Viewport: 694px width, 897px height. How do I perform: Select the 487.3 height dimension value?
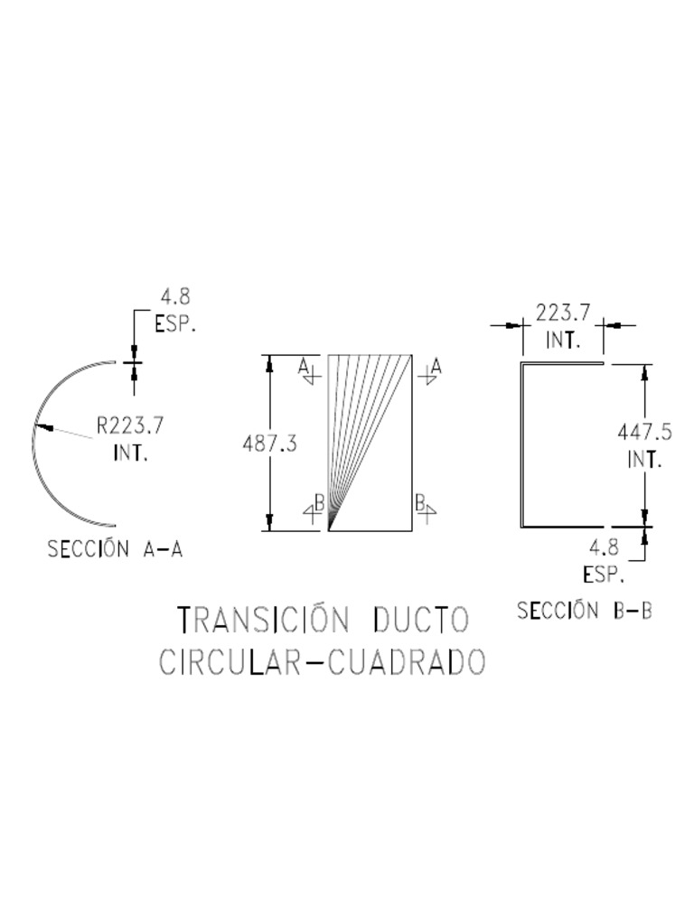tap(270, 444)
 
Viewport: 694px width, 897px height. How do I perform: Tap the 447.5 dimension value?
tap(644, 432)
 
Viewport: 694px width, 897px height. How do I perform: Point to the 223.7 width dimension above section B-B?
tap(563, 313)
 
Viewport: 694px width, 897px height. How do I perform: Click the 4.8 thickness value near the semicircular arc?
tap(175, 297)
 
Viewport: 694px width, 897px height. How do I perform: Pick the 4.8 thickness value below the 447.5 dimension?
tap(603, 547)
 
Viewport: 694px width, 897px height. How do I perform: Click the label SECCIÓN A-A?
tap(115, 549)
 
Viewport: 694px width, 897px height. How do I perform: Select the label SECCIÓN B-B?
tap(585, 611)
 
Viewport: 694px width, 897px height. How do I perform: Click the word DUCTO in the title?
tap(422, 621)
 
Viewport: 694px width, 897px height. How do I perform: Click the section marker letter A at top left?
tap(305, 364)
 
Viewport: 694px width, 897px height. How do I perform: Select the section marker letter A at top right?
tap(436, 365)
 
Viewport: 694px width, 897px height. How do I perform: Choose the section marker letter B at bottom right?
tap(420, 500)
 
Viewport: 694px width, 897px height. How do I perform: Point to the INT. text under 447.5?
tap(644, 459)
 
